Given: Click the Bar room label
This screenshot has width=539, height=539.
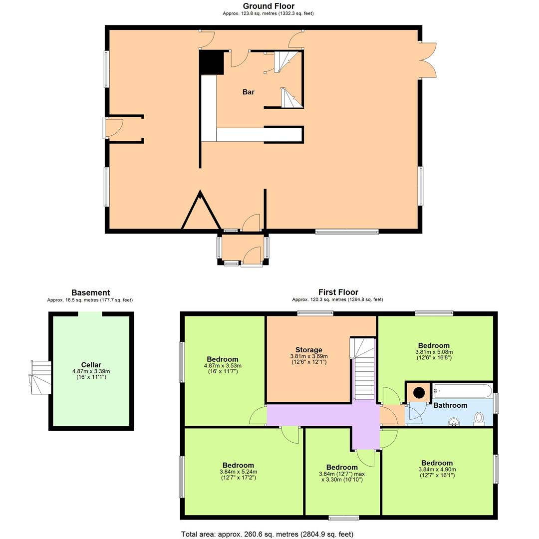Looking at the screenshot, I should tap(248, 92).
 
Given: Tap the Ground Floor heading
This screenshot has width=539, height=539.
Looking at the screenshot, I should tap(268, 6).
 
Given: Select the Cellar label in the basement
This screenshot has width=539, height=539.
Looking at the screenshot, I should tap(91, 365).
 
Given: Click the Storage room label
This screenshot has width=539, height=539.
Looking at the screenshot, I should tap(308, 350).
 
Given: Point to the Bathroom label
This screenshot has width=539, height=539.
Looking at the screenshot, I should tap(450, 405).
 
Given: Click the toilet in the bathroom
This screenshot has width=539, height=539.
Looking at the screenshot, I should tap(479, 418).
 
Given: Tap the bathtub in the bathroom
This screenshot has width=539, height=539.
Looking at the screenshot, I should tap(462, 390).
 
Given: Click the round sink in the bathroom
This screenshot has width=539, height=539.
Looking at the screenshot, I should tap(454, 422).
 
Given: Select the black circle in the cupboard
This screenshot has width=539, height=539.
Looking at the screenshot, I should tap(418, 392).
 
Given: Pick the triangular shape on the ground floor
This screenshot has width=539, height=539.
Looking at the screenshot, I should tap(201, 213).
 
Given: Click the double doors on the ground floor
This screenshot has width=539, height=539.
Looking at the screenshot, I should tap(428, 60).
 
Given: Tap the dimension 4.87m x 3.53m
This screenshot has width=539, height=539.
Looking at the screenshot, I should tap(222, 366).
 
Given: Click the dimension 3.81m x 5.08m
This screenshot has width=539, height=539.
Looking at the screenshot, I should tap(434, 352).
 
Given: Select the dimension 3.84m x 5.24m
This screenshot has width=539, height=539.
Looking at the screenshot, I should tap(238, 472).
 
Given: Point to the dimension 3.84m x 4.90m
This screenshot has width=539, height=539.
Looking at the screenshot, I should tap(437, 469).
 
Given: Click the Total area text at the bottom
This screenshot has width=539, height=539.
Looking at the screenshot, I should tap(267, 534).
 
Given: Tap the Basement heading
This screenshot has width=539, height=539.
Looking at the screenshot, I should tap(90, 293).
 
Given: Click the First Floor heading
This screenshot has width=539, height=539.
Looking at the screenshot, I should tap(338, 292).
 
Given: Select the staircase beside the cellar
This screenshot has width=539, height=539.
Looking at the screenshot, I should tap(40, 377).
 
